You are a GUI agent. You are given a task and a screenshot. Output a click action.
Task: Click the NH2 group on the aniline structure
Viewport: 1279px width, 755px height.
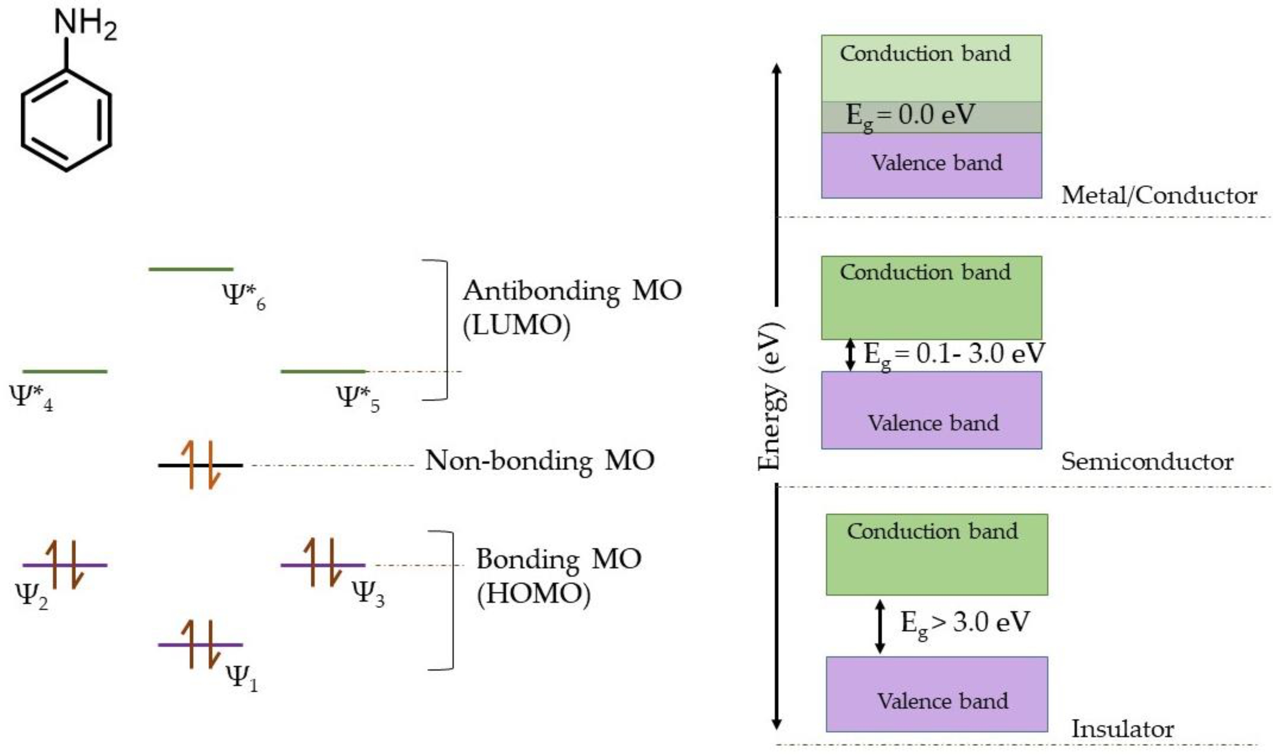(85, 24)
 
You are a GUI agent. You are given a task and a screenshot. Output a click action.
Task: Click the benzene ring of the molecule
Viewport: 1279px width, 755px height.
(66, 121)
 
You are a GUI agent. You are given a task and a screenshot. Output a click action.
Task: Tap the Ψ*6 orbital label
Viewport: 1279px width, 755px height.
(244, 296)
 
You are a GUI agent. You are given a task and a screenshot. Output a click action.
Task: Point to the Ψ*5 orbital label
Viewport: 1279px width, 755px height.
(357, 398)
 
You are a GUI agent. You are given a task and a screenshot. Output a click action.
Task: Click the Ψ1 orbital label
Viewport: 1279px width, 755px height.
(242, 678)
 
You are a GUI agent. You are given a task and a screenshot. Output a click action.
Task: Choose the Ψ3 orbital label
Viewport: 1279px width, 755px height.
(368, 593)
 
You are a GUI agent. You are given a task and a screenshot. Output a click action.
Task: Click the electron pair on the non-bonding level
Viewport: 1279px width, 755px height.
(200, 465)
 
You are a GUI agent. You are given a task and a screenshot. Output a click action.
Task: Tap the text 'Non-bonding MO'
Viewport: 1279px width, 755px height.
(539, 461)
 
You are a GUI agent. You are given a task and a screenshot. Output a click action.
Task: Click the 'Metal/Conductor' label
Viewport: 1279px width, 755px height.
(1159, 196)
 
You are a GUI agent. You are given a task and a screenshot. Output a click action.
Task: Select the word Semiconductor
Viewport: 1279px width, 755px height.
(1147, 462)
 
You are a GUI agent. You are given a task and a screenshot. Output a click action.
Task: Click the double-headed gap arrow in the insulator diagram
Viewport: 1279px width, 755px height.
(880, 626)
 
